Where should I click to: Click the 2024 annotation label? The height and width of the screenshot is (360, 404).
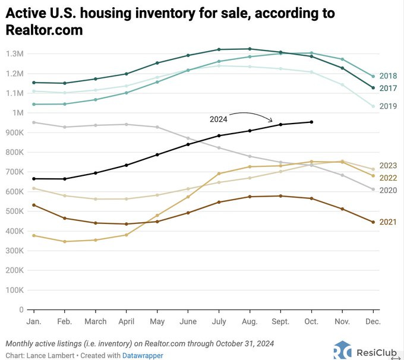point(218,119)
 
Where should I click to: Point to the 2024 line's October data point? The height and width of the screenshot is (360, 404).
point(311,122)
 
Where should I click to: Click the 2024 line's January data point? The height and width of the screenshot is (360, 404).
point(34,179)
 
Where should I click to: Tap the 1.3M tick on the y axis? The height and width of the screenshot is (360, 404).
point(15,54)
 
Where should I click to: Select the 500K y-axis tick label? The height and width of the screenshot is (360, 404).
point(14,211)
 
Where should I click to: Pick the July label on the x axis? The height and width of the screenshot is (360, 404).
point(219,321)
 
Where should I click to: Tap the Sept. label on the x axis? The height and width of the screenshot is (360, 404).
point(280,321)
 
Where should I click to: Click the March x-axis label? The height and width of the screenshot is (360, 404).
point(96,321)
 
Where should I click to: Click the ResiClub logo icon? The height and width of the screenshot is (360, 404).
point(343,350)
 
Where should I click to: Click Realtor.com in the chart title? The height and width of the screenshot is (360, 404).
point(45,29)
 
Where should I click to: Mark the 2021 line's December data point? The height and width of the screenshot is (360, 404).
point(373,222)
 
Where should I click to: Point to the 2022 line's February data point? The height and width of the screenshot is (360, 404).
point(65,242)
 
